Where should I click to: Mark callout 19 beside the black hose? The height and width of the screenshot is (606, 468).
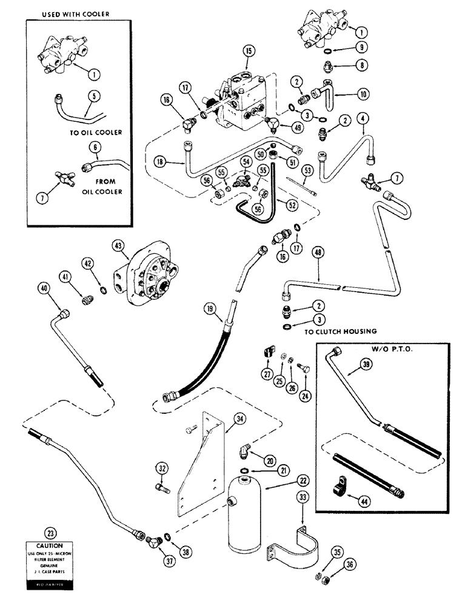pyautogui.click(x=209, y=311)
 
